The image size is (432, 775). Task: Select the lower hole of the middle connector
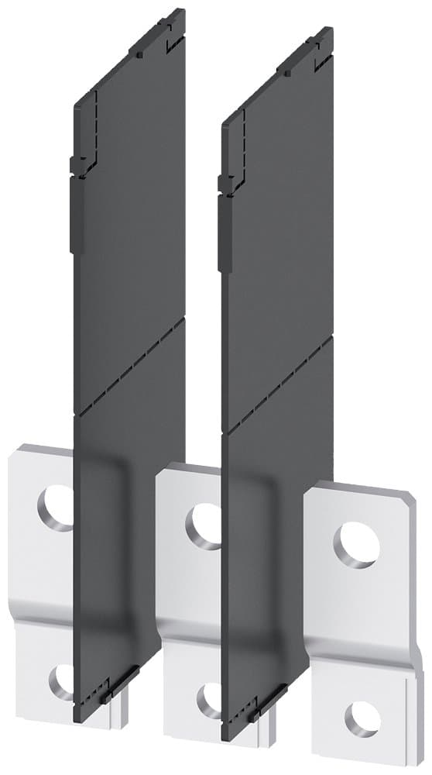209,700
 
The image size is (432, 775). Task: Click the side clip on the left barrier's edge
75,205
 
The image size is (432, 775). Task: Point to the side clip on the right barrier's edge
224,225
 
